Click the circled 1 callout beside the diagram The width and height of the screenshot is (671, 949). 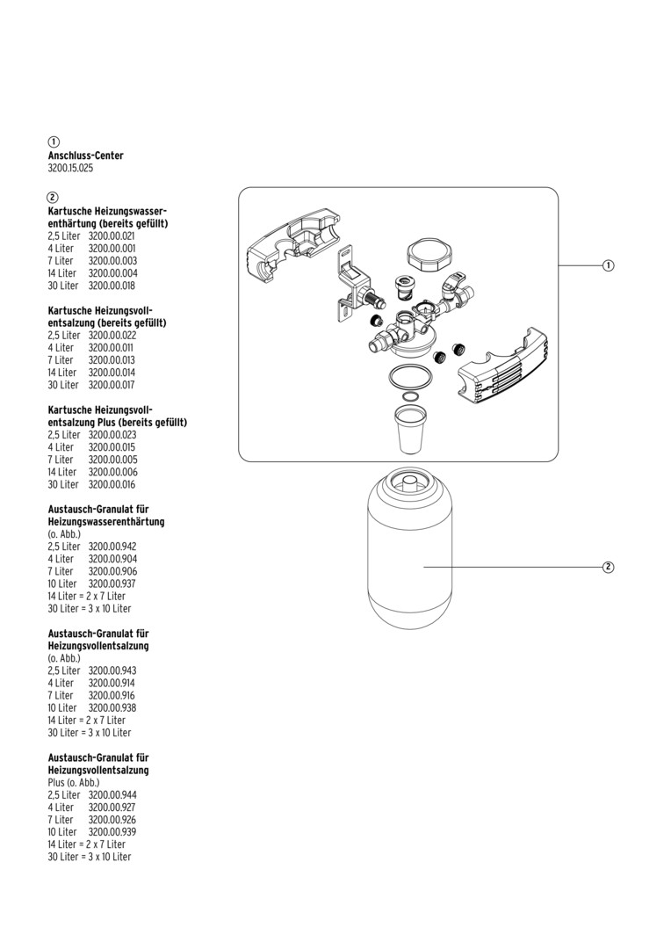(x=608, y=265)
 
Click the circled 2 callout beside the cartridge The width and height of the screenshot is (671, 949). (x=608, y=567)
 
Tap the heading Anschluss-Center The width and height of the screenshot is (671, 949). (x=85, y=156)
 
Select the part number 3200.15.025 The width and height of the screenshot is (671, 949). (x=70, y=168)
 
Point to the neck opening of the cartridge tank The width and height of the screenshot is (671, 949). (x=409, y=482)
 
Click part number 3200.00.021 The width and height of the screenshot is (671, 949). (x=112, y=236)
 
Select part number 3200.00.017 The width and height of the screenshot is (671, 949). (x=112, y=385)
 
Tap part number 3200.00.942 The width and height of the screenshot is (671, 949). (x=112, y=547)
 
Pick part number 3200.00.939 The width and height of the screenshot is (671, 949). (x=112, y=831)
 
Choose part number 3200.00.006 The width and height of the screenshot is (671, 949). (x=112, y=472)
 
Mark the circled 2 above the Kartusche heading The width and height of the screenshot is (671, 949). (x=54, y=197)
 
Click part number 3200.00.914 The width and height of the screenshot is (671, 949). (x=112, y=683)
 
